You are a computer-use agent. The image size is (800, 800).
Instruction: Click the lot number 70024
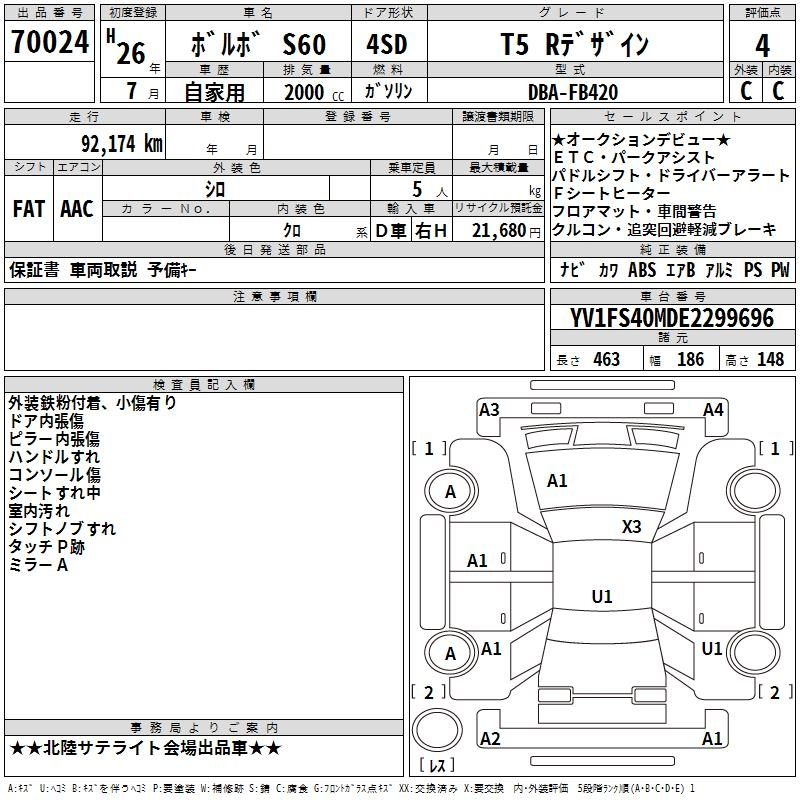[50, 42]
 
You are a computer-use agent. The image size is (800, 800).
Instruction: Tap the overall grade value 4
[762, 46]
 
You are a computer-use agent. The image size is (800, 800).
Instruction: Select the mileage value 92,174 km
[122, 144]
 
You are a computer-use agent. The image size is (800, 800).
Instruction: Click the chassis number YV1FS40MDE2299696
[672, 318]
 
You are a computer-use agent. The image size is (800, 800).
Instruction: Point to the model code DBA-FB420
[573, 92]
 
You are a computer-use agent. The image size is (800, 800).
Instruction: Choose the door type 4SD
[387, 44]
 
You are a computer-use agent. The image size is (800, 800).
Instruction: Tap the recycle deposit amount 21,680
[499, 231]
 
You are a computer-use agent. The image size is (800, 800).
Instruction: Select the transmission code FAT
[29, 209]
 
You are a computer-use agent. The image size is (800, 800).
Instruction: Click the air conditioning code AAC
[77, 209]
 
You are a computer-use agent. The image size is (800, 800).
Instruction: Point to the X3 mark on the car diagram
[631, 526]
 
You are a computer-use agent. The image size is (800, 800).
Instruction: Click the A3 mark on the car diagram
[489, 410]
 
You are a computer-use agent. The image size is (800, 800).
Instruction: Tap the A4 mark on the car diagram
[713, 410]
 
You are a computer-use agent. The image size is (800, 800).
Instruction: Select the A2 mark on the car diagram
[490, 738]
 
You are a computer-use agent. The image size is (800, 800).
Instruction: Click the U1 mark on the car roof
[602, 596]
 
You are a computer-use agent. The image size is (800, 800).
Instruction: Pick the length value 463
[607, 360]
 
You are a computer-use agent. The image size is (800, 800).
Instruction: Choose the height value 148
[770, 360]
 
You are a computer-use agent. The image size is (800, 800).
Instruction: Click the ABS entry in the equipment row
[642, 270]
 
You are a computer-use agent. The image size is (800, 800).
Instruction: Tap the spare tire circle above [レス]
[437, 729]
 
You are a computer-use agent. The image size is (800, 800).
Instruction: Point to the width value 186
[690, 360]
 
